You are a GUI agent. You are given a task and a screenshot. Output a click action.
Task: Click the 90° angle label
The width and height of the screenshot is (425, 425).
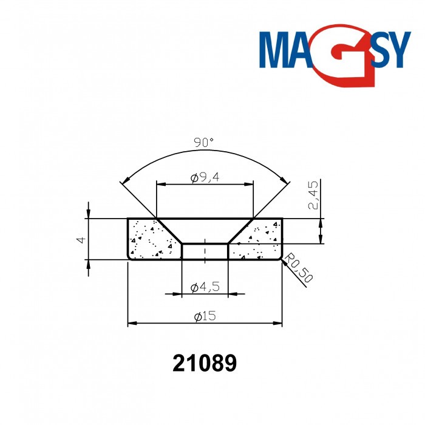click(x=204, y=143)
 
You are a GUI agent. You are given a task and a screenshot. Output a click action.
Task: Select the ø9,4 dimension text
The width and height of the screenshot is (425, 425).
click(x=204, y=178)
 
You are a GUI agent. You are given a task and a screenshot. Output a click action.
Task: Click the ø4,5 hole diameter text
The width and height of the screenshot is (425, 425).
click(x=204, y=288)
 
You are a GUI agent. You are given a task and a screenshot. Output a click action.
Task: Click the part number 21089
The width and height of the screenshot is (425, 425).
click(x=205, y=363)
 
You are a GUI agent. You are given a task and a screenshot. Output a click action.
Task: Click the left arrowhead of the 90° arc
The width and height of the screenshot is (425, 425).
click(x=125, y=180)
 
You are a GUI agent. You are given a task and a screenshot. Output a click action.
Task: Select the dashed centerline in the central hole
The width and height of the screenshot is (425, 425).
click(x=205, y=251)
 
